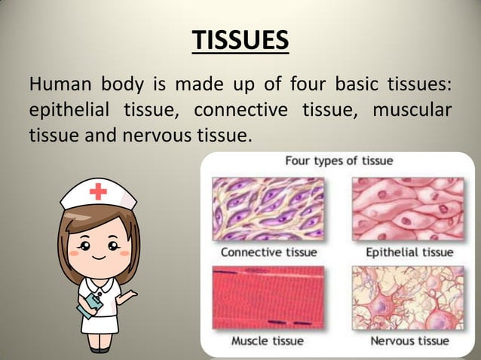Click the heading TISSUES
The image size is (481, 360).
click(x=240, y=41)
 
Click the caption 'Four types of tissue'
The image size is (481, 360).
click(x=339, y=161)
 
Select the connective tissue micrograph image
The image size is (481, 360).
click(x=268, y=208)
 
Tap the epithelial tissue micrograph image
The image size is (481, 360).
click(x=408, y=208)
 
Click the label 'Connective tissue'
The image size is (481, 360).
click(x=268, y=252)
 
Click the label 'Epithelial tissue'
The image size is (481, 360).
click(x=409, y=252)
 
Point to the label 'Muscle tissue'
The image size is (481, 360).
click(x=267, y=341)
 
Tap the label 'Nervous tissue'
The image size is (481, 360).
click(x=409, y=341)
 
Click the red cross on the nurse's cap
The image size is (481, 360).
click(x=98, y=192)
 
